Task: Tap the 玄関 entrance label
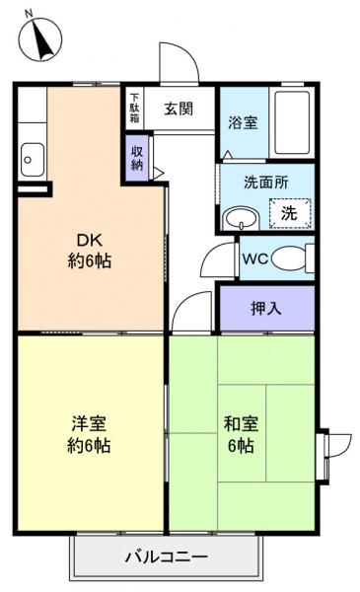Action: (x=179, y=109)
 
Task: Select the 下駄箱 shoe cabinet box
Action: (x=134, y=107)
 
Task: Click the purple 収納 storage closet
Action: (x=136, y=158)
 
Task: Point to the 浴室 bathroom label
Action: (x=242, y=124)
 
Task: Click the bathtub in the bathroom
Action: (x=292, y=124)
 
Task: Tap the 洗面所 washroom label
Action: (x=266, y=183)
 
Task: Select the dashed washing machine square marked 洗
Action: (x=289, y=211)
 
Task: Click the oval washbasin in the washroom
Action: (x=239, y=218)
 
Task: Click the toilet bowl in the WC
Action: (x=290, y=259)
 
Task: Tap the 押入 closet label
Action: (x=265, y=308)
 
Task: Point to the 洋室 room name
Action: (x=89, y=423)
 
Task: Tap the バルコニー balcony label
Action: (x=166, y=557)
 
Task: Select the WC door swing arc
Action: (x=215, y=261)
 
